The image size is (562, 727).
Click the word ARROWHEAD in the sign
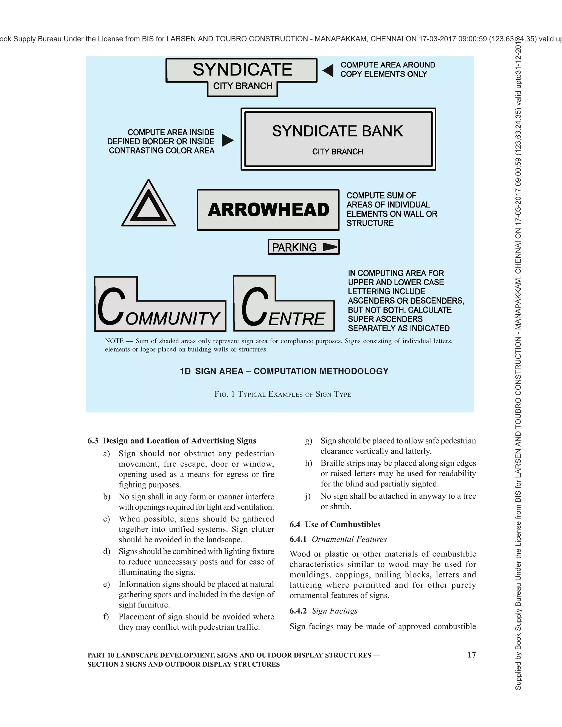click(268, 210)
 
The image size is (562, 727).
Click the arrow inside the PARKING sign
click(330, 247)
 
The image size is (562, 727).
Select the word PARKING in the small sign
click(294, 247)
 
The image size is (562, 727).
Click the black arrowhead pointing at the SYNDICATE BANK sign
click(227, 140)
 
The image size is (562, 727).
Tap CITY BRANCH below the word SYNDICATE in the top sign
click(243, 86)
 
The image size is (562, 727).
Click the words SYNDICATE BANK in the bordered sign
click(337, 131)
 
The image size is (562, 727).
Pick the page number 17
click(471, 654)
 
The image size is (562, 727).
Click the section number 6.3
click(93, 441)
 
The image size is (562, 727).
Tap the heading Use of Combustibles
click(342, 524)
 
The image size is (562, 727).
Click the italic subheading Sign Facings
click(334, 611)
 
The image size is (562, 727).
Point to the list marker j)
click(308, 496)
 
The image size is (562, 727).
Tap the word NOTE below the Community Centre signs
click(114, 341)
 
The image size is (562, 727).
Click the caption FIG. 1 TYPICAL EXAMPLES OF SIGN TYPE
click(283, 395)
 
